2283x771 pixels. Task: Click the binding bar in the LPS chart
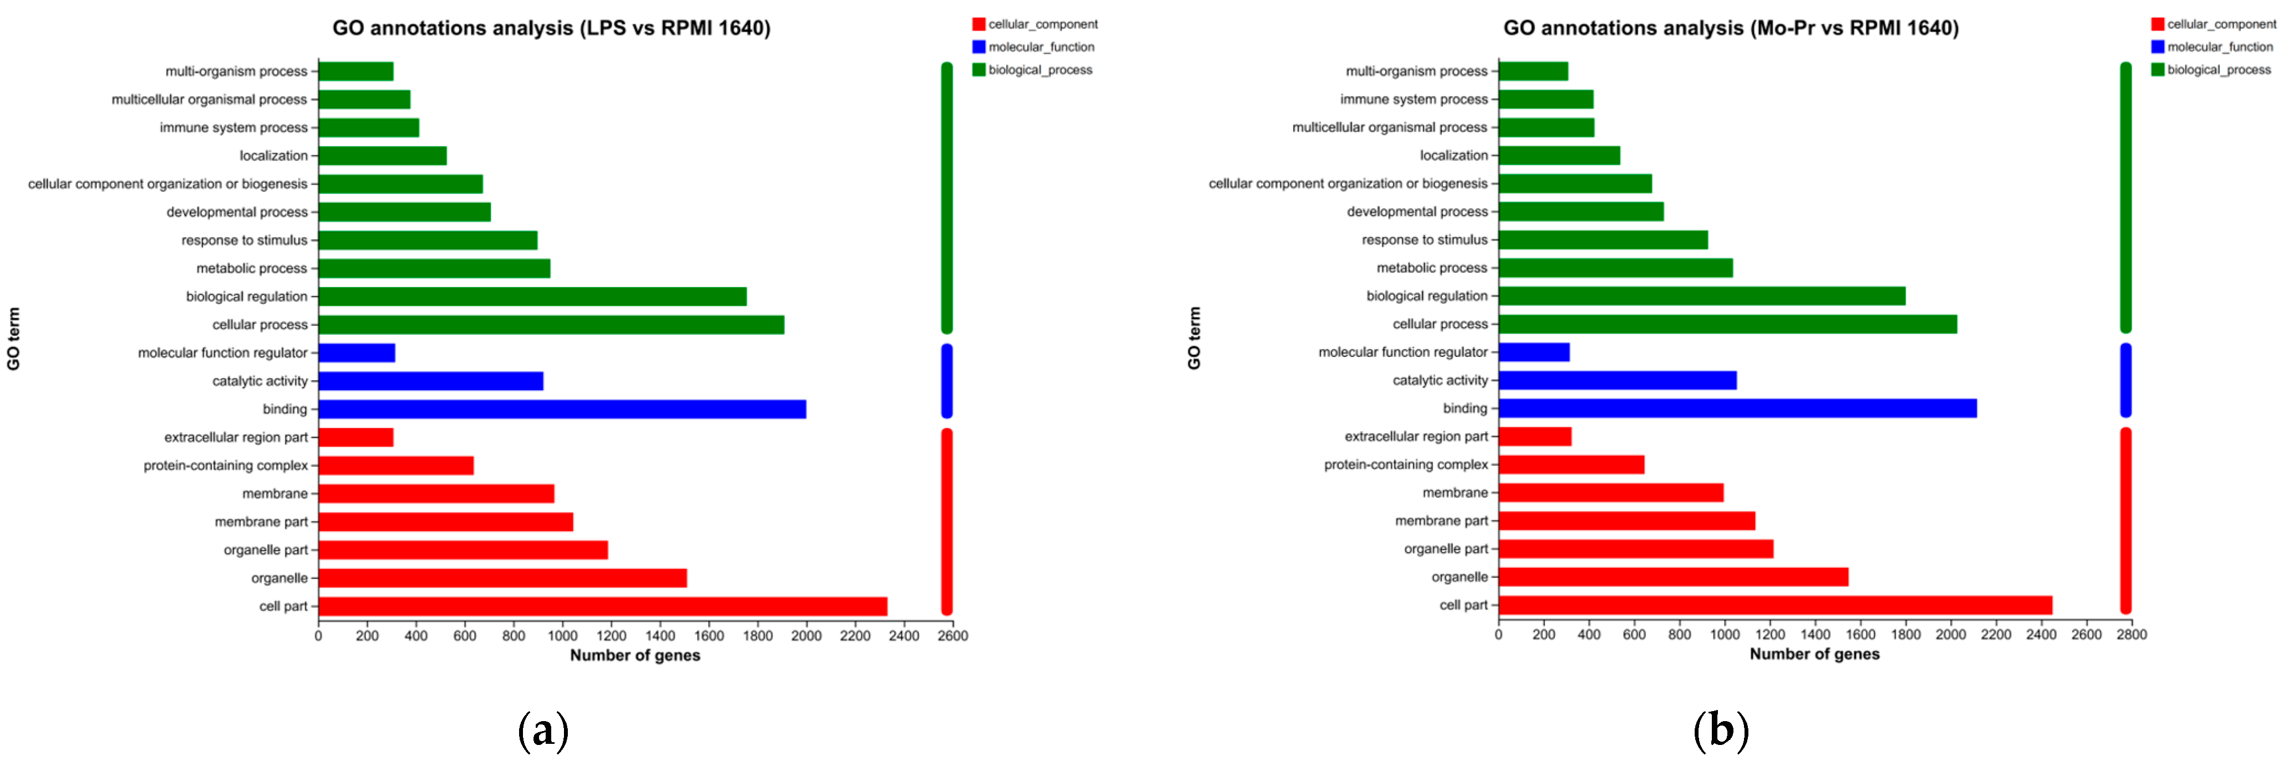coord(562,409)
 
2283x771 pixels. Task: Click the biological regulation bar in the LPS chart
coord(532,296)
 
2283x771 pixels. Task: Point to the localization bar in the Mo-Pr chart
coord(1559,155)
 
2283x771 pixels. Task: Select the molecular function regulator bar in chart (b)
coord(1533,352)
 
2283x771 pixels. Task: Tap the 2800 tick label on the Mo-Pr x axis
coord(2131,635)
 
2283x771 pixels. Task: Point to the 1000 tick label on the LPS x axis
coord(562,635)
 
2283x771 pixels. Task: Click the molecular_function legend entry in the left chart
coord(1040,47)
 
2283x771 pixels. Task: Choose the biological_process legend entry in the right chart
coord(2218,70)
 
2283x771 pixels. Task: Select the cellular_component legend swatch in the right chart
coord(2157,24)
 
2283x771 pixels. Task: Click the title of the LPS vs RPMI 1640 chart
coord(551,28)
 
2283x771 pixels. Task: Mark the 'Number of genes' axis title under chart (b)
coord(1814,654)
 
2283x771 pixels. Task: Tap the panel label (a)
coord(542,731)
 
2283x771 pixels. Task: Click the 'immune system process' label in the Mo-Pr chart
coord(1414,99)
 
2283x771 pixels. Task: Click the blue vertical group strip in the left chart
coord(947,381)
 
